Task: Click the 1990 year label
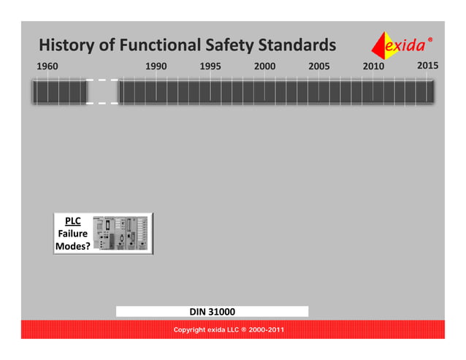tap(156, 66)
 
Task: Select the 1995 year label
tap(210, 66)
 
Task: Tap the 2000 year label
tap(264, 66)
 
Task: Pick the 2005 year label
tap(318, 66)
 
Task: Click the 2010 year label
tap(373, 66)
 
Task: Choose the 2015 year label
tap(427, 66)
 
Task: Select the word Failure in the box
tap(73, 234)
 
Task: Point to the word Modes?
tap(73, 247)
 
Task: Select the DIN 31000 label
tap(212, 312)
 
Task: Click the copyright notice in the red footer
tap(229, 330)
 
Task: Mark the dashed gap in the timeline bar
tap(103, 92)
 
